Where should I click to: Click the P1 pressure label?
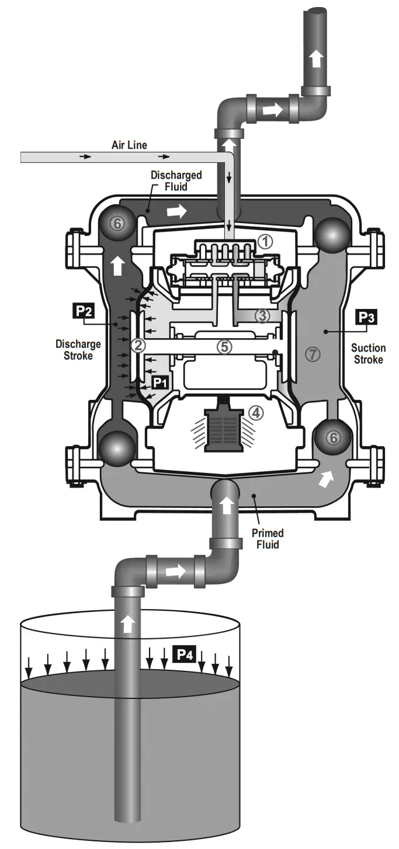pos(159,382)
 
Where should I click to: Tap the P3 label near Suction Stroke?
pos(366,316)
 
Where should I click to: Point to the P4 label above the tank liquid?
pos(185,655)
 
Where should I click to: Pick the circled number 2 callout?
pos(138,345)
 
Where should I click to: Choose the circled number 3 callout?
pos(262,316)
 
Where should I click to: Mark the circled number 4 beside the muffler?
pos(255,413)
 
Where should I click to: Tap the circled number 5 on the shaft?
pos(224,346)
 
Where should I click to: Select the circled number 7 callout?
pos(313,353)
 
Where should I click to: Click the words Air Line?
pos(129,145)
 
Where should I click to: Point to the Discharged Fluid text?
pos(176,180)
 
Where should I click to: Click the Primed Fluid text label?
pos(268,539)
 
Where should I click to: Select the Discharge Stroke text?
pos(75,350)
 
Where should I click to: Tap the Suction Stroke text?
pos(367,354)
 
